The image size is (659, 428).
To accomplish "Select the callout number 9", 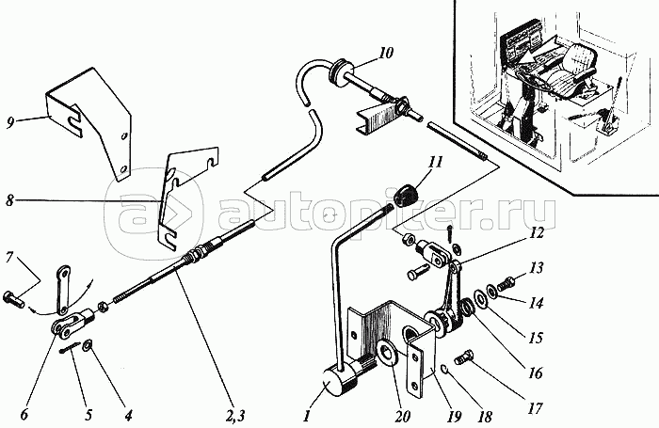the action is (11, 122).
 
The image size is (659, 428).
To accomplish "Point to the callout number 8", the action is (9, 200).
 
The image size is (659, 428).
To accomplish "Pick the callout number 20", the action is (401, 416).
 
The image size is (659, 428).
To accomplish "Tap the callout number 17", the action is (535, 408).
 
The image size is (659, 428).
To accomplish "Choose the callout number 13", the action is (536, 268).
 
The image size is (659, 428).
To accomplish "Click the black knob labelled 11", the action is (408, 195).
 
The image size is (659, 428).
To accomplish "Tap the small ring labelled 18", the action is (447, 369).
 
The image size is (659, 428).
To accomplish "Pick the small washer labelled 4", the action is (88, 345).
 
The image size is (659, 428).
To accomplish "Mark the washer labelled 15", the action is (478, 298).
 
